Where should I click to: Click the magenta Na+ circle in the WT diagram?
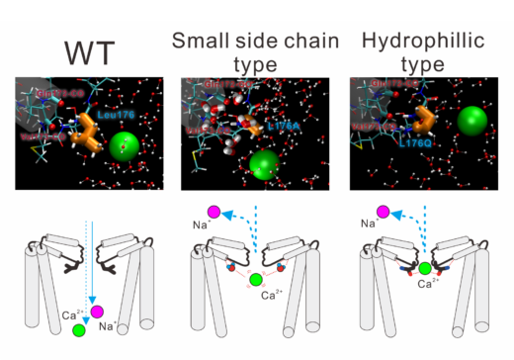coord(98,314)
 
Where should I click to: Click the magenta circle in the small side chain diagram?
coord(213,211)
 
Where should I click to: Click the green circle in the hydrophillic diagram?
coord(425,267)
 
